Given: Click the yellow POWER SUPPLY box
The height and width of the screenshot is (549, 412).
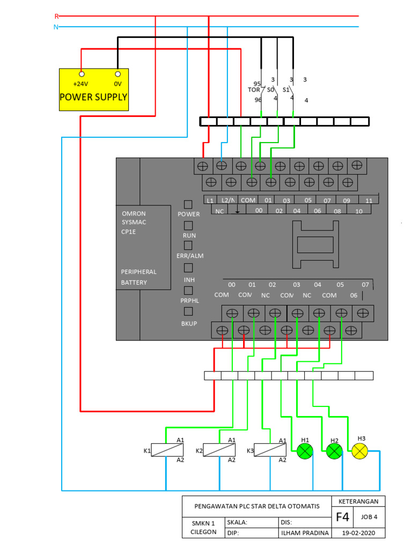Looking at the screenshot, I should tap(93, 90).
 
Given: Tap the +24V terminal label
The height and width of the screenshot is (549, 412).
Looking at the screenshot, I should tap(81, 84).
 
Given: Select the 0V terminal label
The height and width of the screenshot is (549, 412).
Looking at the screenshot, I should tap(117, 84).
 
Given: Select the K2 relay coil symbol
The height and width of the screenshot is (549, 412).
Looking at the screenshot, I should tap(219, 450).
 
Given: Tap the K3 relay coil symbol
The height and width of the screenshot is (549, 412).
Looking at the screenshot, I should tap(269, 450).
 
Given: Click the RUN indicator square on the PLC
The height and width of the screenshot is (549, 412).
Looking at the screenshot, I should tap(188, 226).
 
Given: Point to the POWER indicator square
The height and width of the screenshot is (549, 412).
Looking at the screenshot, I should tap(188, 204).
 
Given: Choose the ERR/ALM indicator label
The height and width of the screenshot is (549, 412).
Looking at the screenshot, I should tap(189, 256).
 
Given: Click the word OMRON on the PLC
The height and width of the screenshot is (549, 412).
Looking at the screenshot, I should tap(134, 213).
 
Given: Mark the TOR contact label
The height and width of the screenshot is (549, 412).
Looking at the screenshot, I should tap(254, 90).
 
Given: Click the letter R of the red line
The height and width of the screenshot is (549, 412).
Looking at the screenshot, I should tap(57, 17).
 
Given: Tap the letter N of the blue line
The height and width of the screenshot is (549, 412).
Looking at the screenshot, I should tap(56, 27).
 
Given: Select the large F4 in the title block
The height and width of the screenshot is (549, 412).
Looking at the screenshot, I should tap(343, 517).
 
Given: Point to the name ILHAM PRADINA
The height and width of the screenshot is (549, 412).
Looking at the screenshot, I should tap(303, 533).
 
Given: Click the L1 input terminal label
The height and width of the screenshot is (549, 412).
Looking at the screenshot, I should tap(210, 200).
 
